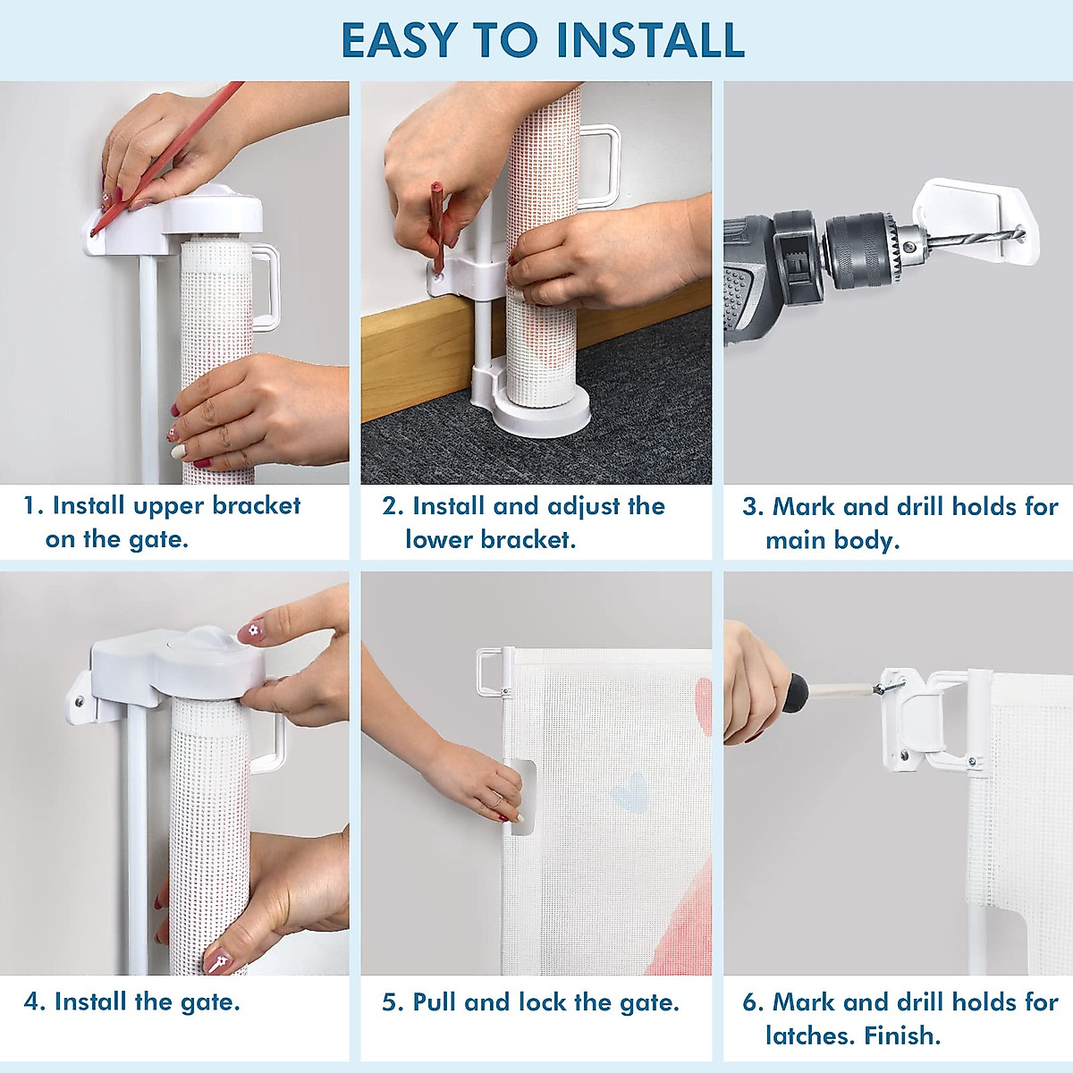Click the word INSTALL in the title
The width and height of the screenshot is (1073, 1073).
(649, 40)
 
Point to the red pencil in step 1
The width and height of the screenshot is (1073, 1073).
(167, 158)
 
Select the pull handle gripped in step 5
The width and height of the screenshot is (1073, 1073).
(522, 798)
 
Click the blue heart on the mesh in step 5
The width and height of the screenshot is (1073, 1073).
(629, 791)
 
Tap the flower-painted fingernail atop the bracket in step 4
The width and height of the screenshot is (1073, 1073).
(251, 632)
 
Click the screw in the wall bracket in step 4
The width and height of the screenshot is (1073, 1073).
(80, 700)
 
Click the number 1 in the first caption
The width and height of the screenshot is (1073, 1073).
(30, 506)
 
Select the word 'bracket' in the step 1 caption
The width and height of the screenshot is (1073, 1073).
(257, 505)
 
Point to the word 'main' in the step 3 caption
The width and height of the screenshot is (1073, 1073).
(795, 540)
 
